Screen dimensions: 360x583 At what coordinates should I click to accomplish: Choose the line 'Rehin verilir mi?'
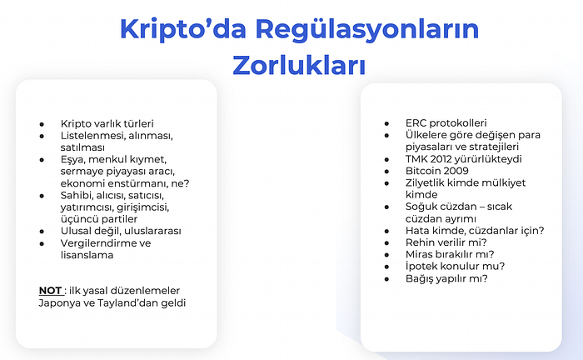tap(446, 242)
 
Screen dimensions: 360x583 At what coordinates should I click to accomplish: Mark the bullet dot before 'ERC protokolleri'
tap(387, 122)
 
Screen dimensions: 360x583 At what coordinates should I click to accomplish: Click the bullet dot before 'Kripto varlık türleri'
tap(42, 122)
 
